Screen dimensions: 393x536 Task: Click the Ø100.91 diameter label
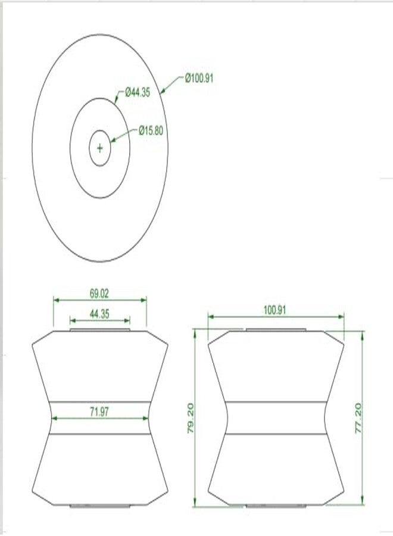(199, 78)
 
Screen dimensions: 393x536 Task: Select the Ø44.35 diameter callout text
(138, 92)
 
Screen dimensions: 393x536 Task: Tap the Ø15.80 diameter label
(151, 130)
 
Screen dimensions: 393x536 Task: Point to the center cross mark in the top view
(100, 148)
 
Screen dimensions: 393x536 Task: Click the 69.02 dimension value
(99, 294)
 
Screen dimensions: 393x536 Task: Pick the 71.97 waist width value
(99, 412)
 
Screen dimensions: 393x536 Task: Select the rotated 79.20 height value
(191, 418)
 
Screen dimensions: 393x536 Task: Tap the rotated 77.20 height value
(358, 418)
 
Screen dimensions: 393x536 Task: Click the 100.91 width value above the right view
(275, 310)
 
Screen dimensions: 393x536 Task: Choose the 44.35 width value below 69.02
(99, 314)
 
